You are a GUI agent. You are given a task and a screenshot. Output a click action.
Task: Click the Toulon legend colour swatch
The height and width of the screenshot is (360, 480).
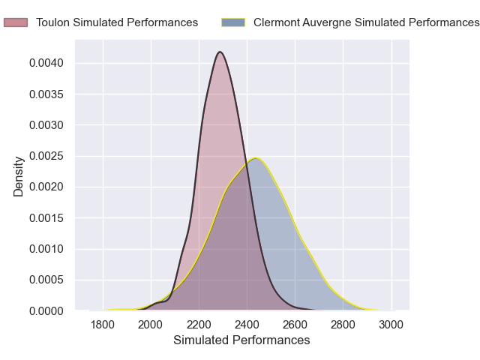pos(16,22)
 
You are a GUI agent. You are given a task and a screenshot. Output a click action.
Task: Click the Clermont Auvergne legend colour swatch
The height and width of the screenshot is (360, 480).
pos(234,22)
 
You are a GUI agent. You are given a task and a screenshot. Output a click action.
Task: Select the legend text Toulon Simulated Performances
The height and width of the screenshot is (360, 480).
pos(117,22)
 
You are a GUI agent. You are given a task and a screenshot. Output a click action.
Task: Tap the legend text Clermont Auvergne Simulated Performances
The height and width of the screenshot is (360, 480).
pos(366,22)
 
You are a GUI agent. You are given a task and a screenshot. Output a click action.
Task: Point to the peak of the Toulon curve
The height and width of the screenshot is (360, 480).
pos(220,52)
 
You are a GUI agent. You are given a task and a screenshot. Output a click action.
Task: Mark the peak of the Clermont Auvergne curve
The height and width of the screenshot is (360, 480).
pos(256,157)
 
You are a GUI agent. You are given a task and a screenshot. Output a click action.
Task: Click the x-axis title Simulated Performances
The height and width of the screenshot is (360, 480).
pos(241,340)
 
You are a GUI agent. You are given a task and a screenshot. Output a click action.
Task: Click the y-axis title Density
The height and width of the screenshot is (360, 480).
pos(19,176)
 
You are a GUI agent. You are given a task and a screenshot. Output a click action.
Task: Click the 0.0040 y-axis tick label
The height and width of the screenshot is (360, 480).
pos(46,63)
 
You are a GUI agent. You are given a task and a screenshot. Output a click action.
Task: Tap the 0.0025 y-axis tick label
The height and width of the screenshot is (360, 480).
pos(46,156)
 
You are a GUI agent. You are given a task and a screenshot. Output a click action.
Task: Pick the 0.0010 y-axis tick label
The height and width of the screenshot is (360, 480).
pos(46,249)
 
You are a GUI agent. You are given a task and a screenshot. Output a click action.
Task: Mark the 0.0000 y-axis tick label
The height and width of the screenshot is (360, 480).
pos(46,310)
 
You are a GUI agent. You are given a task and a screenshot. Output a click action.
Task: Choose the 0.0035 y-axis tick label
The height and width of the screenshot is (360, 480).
pos(46,94)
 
